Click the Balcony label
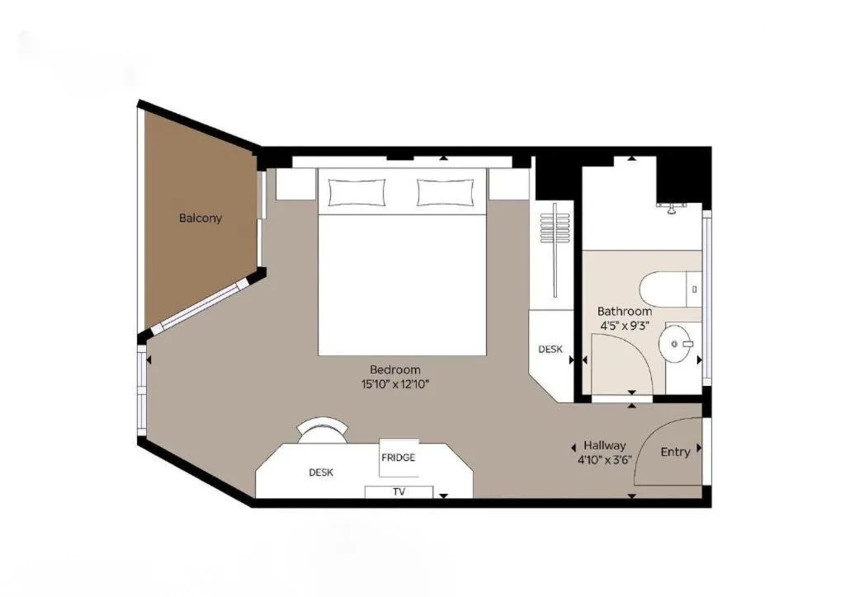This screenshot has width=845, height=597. tap(201, 218)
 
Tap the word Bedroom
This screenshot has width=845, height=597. tap(395, 370)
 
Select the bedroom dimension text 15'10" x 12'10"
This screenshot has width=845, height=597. tap(395, 384)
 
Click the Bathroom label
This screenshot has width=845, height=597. tap(625, 311)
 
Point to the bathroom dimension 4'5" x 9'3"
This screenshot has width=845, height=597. tap(625, 326)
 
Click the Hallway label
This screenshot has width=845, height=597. tap(605, 446)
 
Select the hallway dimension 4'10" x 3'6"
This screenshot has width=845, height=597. tap(605, 460)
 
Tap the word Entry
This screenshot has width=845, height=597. tap(675, 452)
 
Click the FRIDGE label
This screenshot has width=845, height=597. tap(399, 458)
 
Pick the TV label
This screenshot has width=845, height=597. tap(399, 492)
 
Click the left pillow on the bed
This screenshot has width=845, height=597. tap(356, 193)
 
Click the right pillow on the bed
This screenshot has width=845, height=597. tap(446, 193)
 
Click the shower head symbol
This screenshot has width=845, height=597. tap(672, 208)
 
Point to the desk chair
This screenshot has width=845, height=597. tap(323, 429)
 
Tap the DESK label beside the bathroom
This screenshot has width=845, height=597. tap(550, 350)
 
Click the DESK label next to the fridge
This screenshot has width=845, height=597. tap(321, 472)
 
